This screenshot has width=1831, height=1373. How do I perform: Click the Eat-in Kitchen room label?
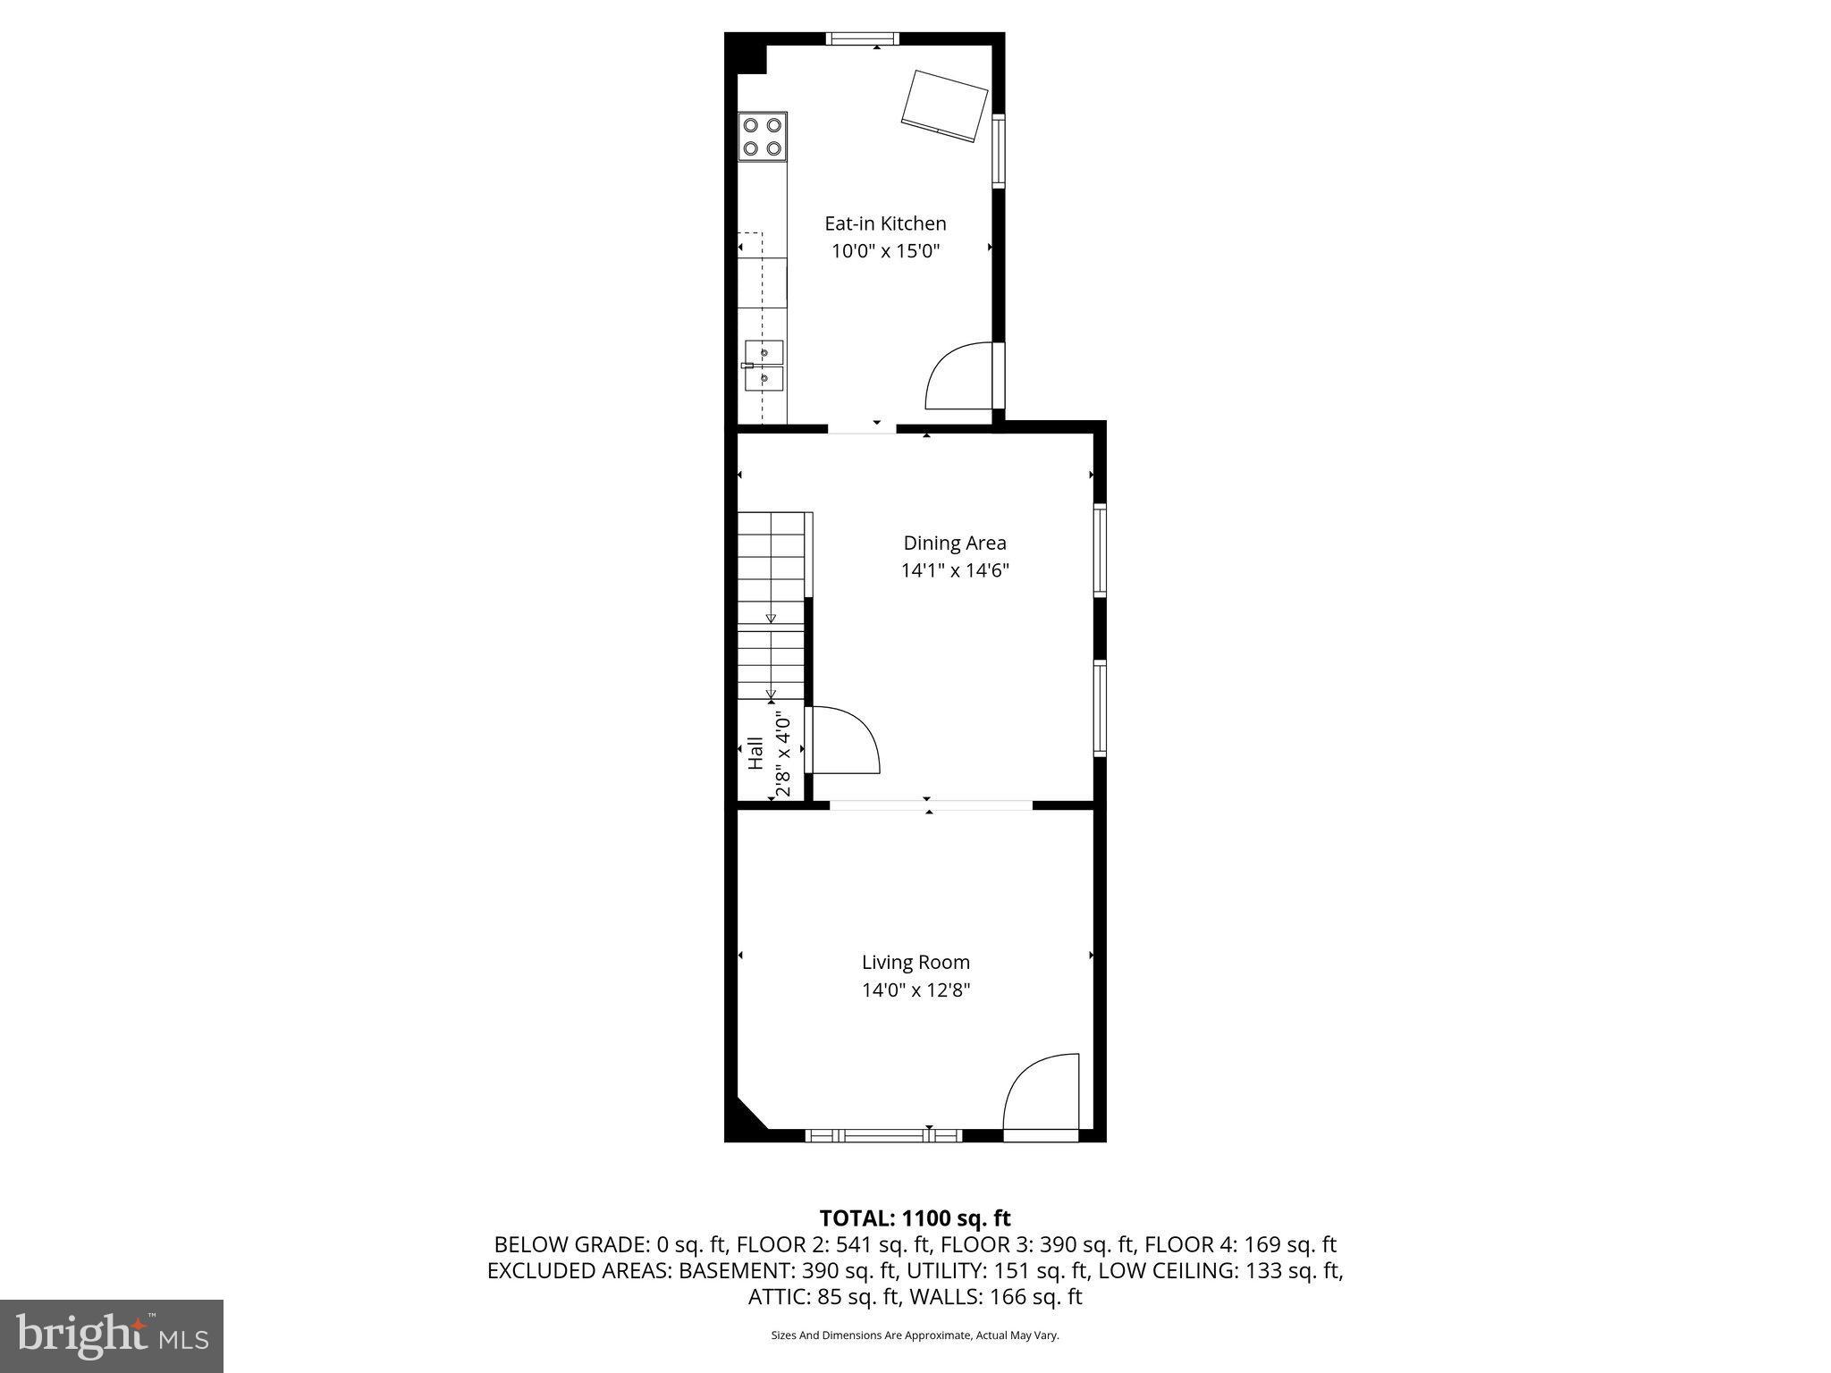click(x=884, y=223)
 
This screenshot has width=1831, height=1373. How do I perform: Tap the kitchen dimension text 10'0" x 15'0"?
click(x=886, y=251)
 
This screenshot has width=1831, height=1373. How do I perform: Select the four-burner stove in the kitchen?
click(x=763, y=137)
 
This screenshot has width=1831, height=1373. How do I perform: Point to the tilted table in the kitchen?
click(x=944, y=105)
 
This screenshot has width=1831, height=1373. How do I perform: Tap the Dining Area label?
click(x=954, y=543)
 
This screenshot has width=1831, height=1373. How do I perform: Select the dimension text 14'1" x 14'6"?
click(x=954, y=570)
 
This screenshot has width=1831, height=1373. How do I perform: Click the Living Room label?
click(x=915, y=962)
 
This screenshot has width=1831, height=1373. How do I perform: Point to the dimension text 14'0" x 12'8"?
click(x=915, y=990)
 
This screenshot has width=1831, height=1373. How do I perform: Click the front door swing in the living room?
click(x=1041, y=1096)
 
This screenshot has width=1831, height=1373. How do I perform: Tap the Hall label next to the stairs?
click(x=756, y=753)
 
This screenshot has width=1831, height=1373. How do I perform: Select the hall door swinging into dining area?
click(x=843, y=740)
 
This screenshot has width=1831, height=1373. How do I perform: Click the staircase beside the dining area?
click(x=771, y=608)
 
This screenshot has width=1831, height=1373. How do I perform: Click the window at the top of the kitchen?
click(x=862, y=38)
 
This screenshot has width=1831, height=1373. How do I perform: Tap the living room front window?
click(x=883, y=1135)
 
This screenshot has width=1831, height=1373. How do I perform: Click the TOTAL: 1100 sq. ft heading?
click(x=915, y=1217)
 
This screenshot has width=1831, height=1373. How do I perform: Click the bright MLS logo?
click(x=112, y=1335)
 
